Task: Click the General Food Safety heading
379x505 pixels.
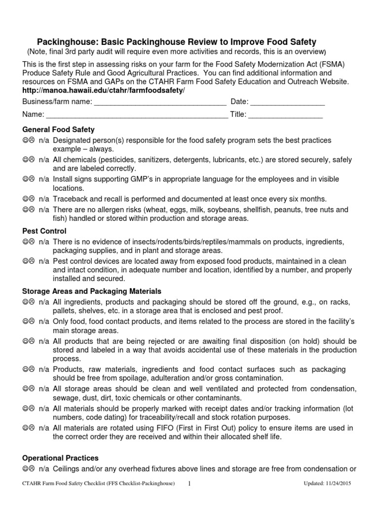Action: coord(58,130)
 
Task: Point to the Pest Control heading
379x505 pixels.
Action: coord(44,231)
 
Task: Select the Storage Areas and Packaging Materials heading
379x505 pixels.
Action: coord(92,291)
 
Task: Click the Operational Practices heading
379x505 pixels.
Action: coord(61,458)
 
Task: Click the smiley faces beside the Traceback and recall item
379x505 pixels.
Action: coord(28,199)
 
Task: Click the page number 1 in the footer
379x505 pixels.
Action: coord(189,484)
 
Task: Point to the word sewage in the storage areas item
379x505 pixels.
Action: coord(65,398)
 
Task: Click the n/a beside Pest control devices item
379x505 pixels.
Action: coord(43,261)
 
